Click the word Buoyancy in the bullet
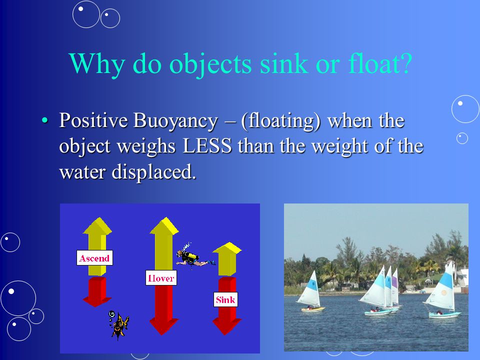click(x=175, y=121)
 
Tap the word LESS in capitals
click(x=207, y=146)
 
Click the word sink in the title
click(x=284, y=63)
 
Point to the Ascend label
click(x=94, y=258)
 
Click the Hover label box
click(x=161, y=278)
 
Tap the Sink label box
click(x=225, y=299)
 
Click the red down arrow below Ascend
click(x=97, y=291)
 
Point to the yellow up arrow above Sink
click(x=227, y=258)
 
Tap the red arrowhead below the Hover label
click(x=163, y=326)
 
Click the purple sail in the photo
click(x=395, y=285)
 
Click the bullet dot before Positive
click(x=44, y=120)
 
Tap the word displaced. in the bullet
click(x=153, y=171)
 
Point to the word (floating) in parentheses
click(x=280, y=121)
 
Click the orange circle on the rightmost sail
click(x=443, y=293)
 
